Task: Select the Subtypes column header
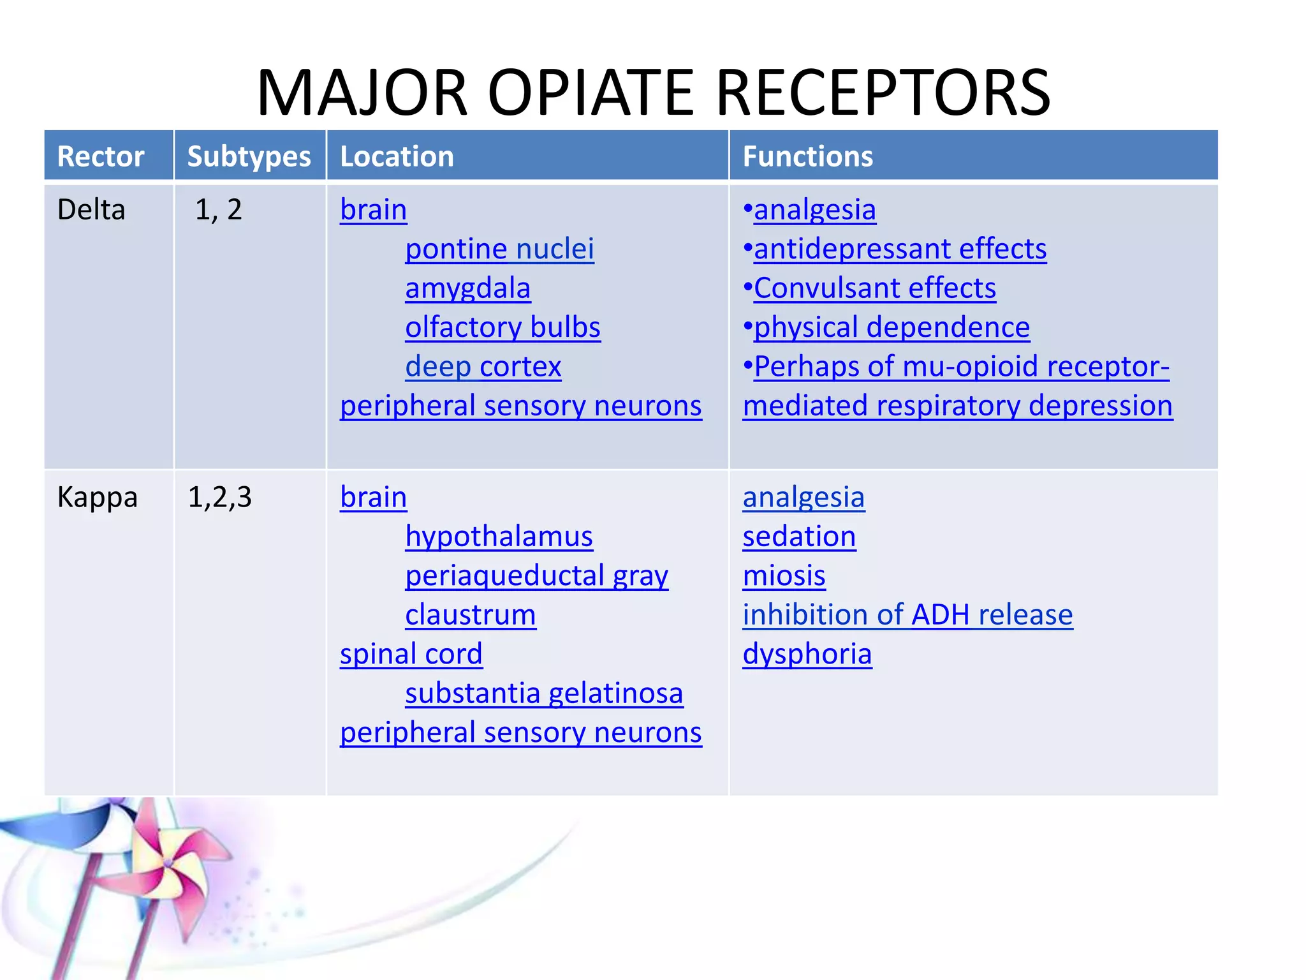(249, 156)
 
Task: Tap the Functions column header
(807, 156)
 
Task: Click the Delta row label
(91, 210)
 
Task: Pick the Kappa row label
(97, 497)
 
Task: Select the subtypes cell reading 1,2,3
(219, 497)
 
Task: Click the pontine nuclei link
(499, 249)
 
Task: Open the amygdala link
(467, 288)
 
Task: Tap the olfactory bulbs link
(503, 327)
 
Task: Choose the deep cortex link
(483, 367)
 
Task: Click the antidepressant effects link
(900, 249)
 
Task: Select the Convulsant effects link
(874, 288)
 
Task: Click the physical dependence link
(891, 327)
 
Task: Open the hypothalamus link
(499, 537)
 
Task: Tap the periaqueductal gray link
(536, 575)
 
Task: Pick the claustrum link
(470, 615)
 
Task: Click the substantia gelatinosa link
(544, 694)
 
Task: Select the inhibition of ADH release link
(907, 615)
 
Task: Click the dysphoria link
(807, 654)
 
